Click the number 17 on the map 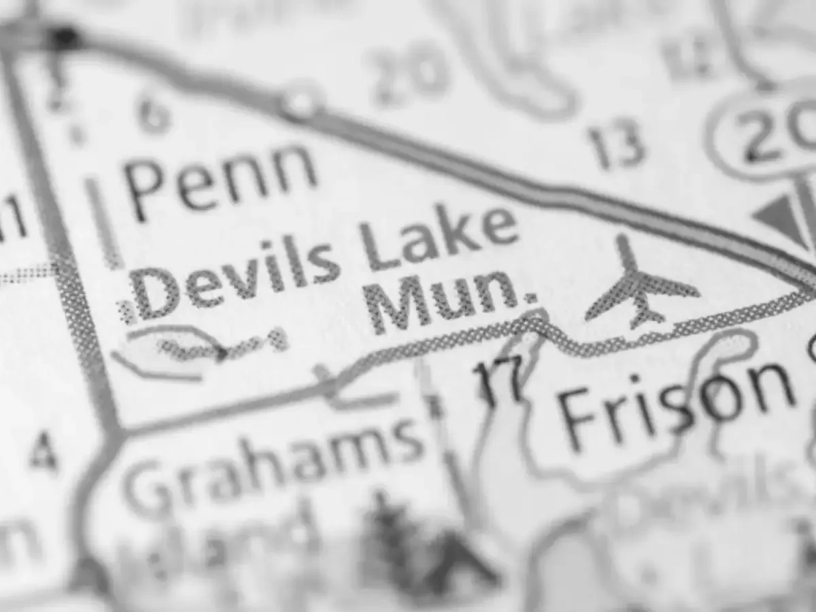[500, 381]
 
